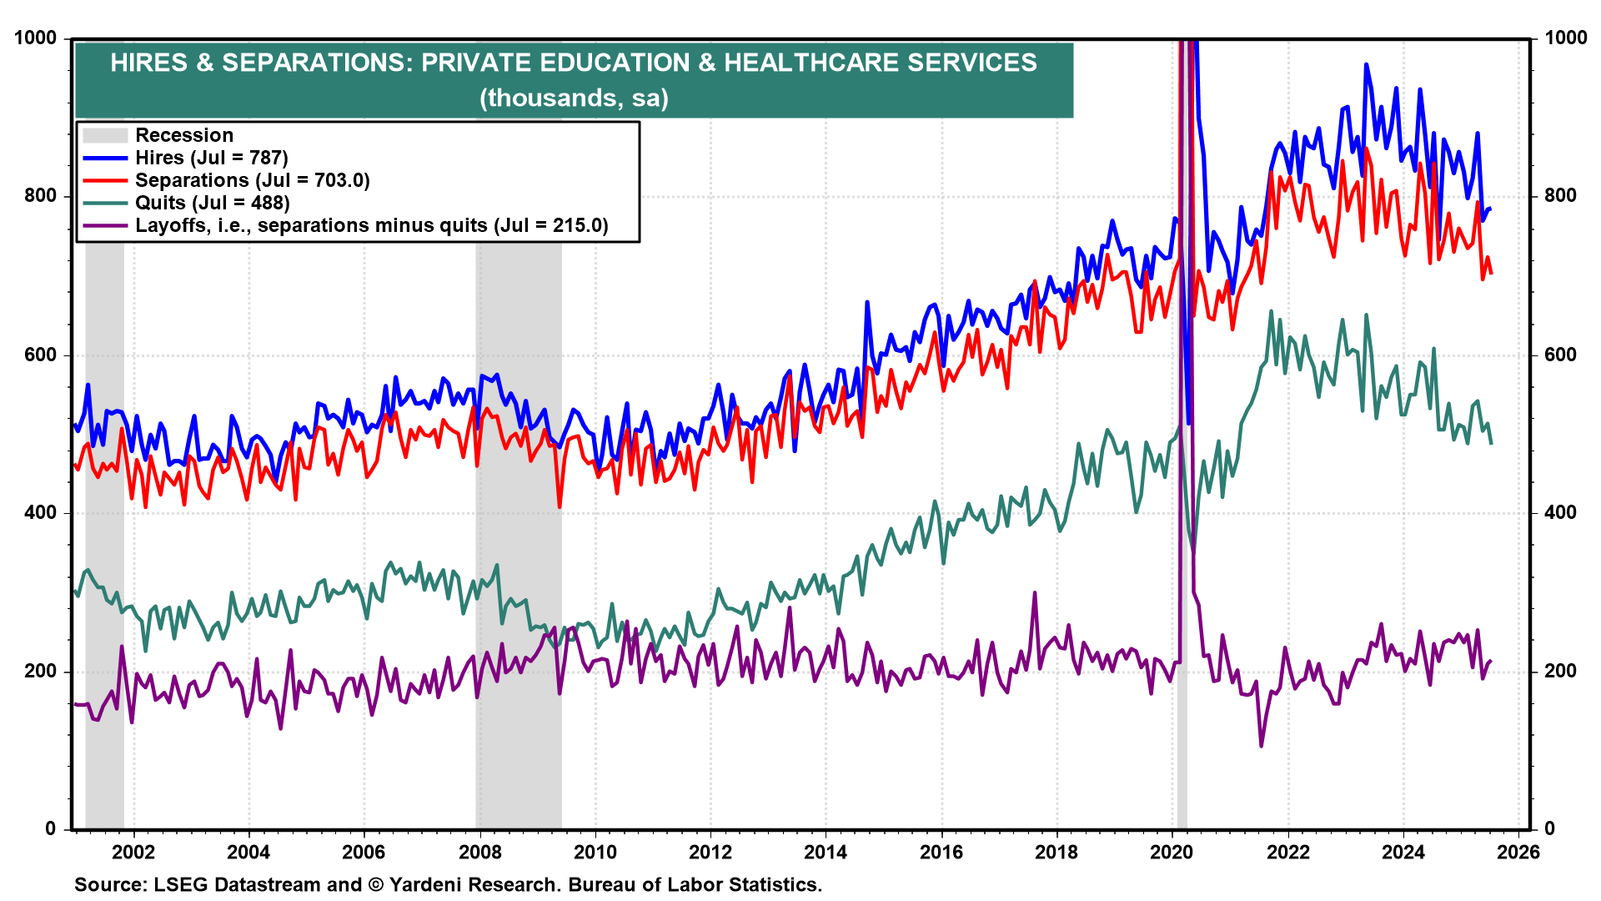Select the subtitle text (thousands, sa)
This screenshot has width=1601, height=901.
574,98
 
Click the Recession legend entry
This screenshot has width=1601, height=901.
183,135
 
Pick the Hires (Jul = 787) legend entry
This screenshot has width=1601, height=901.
211,158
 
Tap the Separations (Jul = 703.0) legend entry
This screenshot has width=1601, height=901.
252,180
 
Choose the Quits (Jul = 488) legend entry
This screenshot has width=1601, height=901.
212,203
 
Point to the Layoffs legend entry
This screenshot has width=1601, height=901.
371,225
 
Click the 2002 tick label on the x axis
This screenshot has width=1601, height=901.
133,852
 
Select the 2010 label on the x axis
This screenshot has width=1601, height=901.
595,852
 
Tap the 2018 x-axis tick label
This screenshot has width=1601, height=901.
1056,852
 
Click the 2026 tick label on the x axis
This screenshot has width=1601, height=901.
1518,852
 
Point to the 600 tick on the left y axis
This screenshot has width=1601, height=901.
41,355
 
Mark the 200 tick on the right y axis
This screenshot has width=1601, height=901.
1561,671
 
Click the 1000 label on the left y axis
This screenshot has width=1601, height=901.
36,38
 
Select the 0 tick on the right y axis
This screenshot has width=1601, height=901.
1549,828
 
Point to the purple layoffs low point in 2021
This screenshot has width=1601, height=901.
1261,745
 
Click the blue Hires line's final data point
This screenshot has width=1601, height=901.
1490,209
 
